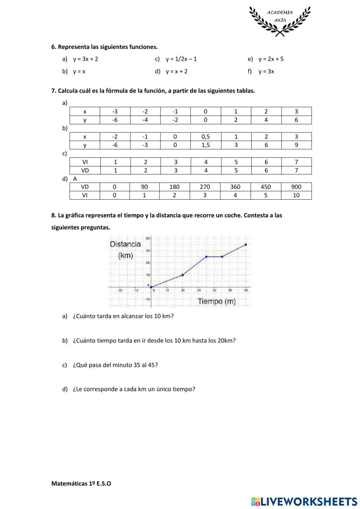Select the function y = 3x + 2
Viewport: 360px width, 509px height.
[x=85, y=59]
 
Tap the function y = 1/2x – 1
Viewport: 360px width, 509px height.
[x=181, y=59]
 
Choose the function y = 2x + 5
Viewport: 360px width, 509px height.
[x=271, y=59]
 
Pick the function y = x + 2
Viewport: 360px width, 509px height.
[x=176, y=71]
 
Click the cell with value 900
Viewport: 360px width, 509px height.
[x=296, y=187]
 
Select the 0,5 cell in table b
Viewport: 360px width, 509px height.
[x=206, y=137]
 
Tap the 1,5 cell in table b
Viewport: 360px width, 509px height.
[x=206, y=145]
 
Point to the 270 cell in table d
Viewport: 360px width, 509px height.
[x=205, y=187]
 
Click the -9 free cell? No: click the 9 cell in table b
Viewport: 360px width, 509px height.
[x=296, y=145]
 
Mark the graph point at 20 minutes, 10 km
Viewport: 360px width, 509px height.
[x=183, y=275]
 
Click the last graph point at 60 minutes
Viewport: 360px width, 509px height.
[x=246, y=245]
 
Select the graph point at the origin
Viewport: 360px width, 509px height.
[x=151, y=287]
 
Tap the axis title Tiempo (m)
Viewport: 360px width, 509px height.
[x=217, y=302]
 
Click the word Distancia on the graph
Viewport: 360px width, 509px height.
[x=125, y=244]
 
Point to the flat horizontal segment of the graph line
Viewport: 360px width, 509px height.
[x=214, y=257]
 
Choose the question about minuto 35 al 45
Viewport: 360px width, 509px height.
[x=115, y=365]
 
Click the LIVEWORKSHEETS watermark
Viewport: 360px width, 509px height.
[x=304, y=501]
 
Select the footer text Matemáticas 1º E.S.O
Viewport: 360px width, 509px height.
[x=81, y=483]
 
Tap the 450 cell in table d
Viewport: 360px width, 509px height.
[x=266, y=187]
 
